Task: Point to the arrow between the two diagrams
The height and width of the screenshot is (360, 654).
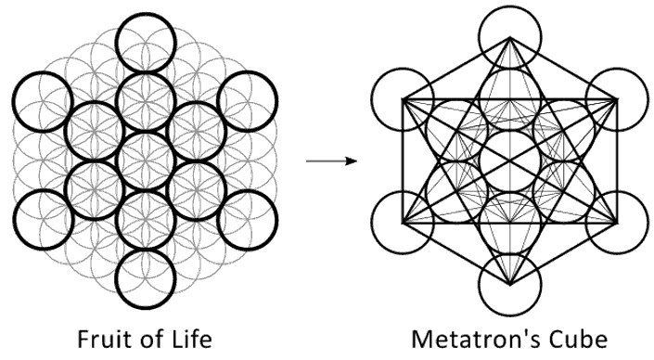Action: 331,161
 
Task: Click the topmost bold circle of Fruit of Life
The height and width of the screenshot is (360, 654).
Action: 146,13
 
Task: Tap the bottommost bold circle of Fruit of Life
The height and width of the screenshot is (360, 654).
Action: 146,309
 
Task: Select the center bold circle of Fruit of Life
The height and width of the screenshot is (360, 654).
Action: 146,132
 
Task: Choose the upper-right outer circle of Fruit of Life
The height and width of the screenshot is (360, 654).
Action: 248,71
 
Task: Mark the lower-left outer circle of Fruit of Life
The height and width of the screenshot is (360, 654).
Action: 43,190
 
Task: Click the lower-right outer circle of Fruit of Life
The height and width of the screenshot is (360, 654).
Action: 248,190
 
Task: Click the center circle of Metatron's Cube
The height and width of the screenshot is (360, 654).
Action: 509,131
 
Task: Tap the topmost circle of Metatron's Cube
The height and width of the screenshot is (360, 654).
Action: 509,7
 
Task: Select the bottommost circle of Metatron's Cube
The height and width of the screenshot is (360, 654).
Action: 509,315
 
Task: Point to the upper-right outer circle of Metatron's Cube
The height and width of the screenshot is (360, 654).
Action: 617,69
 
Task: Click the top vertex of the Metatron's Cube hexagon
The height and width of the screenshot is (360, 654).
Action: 509,37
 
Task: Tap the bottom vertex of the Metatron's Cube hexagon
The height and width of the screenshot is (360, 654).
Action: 509,286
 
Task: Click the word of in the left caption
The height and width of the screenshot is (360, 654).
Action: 152,339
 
